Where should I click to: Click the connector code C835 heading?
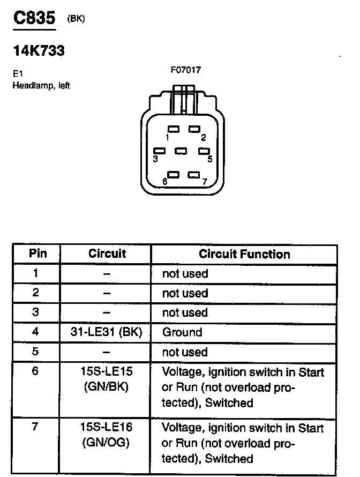click(34, 18)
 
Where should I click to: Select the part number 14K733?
click(39, 51)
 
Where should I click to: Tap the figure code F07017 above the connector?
click(185, 70)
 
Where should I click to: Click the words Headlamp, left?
click(41, 86)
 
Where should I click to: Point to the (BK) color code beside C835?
click(76, 19)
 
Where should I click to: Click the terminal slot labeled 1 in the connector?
click(173, 129)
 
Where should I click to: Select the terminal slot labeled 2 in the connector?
click(194, 129)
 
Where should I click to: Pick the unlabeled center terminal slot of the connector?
click(181, 151)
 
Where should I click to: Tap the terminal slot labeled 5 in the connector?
click(204, 151)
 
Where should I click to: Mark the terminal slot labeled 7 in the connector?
click(194, 175)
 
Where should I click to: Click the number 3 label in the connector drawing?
click(155, 159)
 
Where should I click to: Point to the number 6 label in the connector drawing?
click(165, 182)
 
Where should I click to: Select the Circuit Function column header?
click(244, 254)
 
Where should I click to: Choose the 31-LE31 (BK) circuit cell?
click(106, 332)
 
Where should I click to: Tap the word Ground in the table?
click(182, 332)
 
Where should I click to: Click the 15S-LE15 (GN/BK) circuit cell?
click(106, 379)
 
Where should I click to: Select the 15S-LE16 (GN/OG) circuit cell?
click(106, 435)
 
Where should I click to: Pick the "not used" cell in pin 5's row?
click(185, 352)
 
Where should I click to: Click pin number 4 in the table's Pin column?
click(35, 332)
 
